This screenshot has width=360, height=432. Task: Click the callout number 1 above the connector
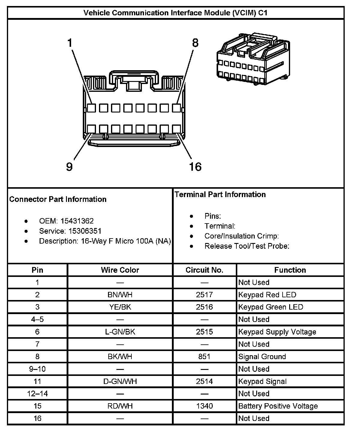coord(70,43)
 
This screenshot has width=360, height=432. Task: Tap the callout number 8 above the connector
coord(195,43)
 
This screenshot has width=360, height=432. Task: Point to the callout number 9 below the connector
coord(69,166)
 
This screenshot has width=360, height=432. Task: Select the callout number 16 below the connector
coord(195,166)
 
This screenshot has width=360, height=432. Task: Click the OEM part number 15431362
coord(77,221)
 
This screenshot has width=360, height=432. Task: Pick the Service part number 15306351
coord(85,231)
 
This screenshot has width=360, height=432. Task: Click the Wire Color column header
coord(120,270)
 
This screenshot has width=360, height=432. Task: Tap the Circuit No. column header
coord(205,270)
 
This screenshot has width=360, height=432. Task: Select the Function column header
coord(290,270)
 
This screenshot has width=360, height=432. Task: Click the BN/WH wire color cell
coord(120,295)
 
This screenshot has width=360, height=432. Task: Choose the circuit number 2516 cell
coord(205,307)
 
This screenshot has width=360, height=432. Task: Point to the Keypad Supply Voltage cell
coord(277,332)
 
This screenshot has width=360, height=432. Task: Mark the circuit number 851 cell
coord(205,357)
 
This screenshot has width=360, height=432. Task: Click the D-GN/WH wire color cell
coord(120,381)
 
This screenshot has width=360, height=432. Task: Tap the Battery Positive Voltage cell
coord(278,406)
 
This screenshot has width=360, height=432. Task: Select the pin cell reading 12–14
coord(37,394)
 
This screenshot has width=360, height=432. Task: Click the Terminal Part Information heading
coord(220,194)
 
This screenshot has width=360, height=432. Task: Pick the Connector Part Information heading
coord(58,199)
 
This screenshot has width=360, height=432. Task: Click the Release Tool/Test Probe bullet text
coord(247,246)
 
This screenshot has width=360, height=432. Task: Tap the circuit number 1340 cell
coord(205,406)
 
